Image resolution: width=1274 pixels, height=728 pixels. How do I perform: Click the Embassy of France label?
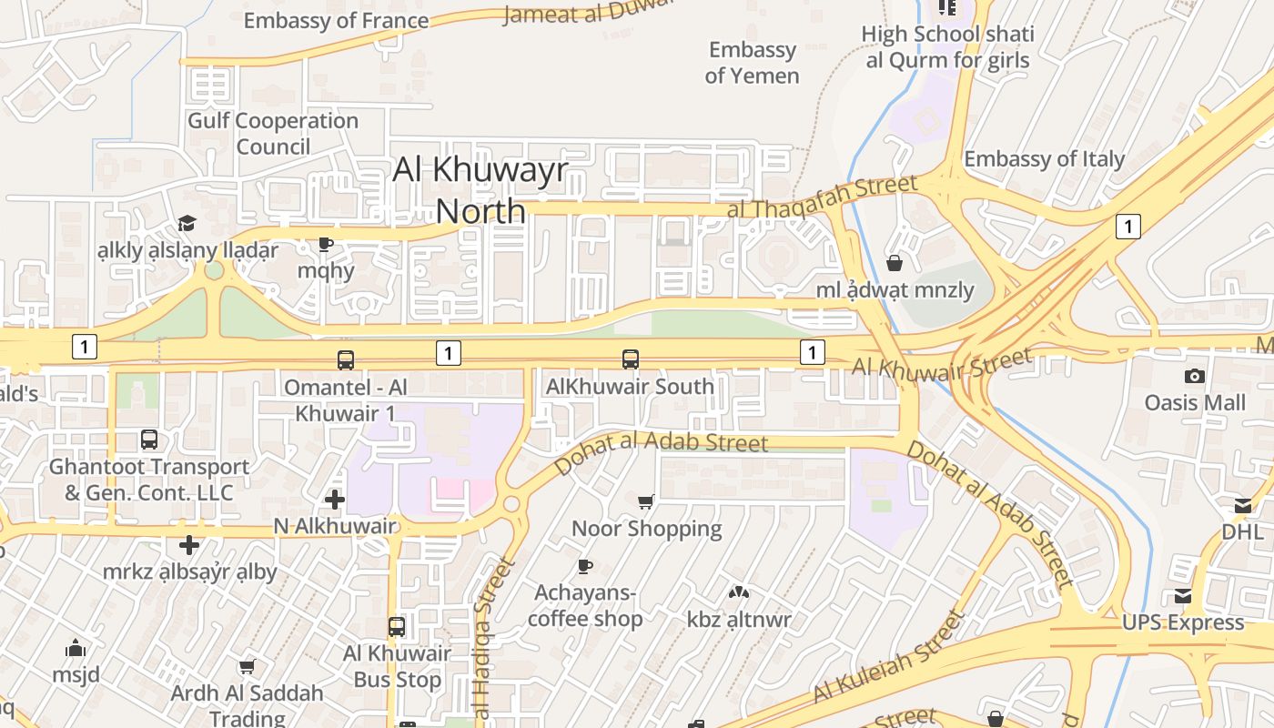[x=336, y=20]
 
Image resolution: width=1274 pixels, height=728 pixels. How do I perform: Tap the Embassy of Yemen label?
[x=752, y=63]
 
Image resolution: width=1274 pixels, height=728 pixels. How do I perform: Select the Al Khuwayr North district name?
[x=480, y=190]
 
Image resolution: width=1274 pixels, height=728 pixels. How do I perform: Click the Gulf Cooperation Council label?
[x=273, y=133]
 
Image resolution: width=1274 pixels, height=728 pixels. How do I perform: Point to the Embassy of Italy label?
[x=1044, y=159]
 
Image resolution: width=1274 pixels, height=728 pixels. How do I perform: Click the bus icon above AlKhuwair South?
[x=631, y=359]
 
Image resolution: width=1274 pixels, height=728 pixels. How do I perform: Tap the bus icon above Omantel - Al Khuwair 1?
[x=346, y=359]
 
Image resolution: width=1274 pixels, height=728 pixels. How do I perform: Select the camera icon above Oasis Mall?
[x=1195, y=376]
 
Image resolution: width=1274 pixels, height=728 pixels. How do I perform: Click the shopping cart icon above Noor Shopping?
[x=646, y=501]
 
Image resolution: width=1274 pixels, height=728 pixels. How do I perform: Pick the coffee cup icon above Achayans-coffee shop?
[x=585, y=566]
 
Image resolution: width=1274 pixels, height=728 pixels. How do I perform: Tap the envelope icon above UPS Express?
[x=1183, y=596]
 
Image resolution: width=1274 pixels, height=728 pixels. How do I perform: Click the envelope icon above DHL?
[x=1243, y=506]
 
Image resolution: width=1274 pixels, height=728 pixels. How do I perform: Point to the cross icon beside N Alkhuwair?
[x=335, y=499]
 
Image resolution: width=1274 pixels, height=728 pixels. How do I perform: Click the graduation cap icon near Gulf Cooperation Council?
[x=187, y=223]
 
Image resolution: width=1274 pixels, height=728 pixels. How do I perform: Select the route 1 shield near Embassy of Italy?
[x=1127, y=227]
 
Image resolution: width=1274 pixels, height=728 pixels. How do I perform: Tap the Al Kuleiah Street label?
[x=887, y=657]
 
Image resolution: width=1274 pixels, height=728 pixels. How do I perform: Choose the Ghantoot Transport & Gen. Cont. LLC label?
[x=149, y=480]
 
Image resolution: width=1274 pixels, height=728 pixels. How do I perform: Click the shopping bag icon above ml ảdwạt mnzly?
[x=895, y=263]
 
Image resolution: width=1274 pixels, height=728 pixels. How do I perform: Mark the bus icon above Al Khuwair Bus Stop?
[x=397, y=626]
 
